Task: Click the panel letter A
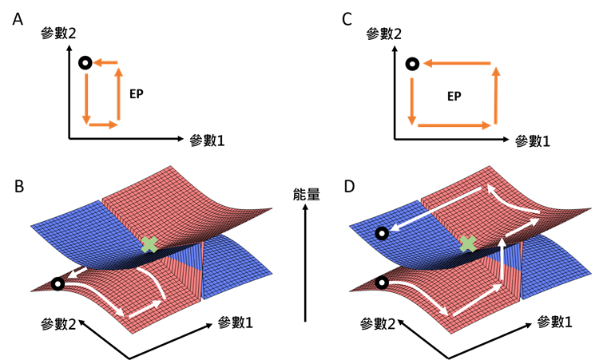click(x=18, y=18)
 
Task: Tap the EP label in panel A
click(x=137, y=93)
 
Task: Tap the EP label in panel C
click(x=455, y=96)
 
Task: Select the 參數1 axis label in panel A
click(x=207, y=140)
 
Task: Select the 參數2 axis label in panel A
click(x=58, y=34)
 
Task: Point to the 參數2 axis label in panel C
click(x=383, y=34)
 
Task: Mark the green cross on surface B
click(x=149, y=244)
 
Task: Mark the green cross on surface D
click(x=469, y=243)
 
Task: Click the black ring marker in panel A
click(x=85, y=63)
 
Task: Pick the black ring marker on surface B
click(x=57, y=283)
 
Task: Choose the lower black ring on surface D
click(x=383, y=283)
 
